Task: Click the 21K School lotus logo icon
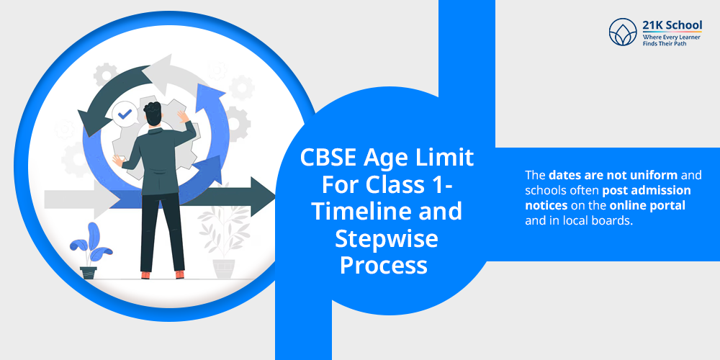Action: [623, 33]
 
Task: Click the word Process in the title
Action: [384, 265]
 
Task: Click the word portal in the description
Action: [670, 205]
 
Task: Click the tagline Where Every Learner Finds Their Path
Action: [671, 40]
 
